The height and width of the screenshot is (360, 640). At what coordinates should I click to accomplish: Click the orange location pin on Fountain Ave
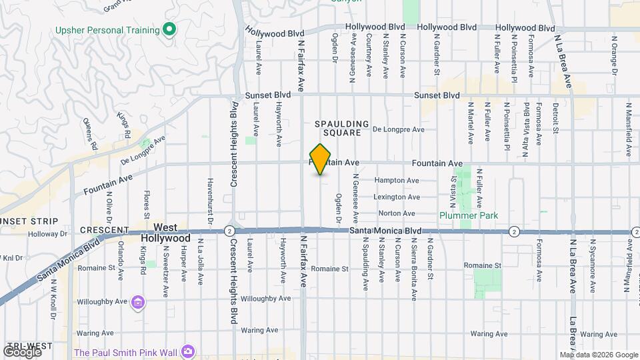pos(321,159)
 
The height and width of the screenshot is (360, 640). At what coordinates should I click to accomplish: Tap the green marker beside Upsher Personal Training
pos(169,29)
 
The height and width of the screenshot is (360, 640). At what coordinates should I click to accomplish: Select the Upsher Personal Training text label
pos(107,30)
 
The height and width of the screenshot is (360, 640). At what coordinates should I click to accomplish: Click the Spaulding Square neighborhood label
pos(342,128)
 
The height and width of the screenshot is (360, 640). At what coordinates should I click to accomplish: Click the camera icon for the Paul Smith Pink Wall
pos(189,351)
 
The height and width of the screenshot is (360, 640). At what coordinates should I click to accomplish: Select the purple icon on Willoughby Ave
pos(138,303)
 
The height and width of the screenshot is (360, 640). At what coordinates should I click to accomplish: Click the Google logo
pos(22,351)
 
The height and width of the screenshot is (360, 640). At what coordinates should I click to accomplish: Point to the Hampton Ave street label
pos(396,181)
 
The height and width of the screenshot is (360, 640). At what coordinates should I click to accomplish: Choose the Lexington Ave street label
pos(396,197)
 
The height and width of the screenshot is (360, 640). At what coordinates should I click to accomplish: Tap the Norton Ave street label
pos(396,213)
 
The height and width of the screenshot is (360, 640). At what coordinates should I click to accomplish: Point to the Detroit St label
pos(555,119)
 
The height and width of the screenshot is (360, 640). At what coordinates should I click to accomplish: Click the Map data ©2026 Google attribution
pos(599,355)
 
